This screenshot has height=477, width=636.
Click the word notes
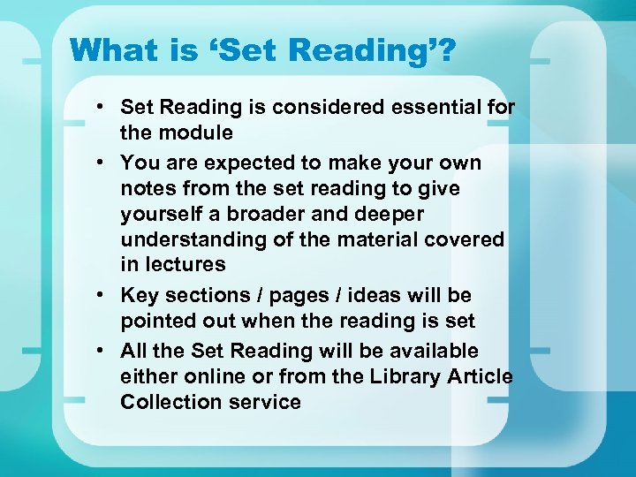[x=149, y=189]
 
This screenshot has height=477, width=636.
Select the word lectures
[x=185, y=264]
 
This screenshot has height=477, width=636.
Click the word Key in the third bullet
[x=139, y=295]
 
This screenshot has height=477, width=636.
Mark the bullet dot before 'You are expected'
[x=103, y=163]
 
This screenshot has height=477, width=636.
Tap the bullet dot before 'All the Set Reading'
[x=103, y=352]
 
